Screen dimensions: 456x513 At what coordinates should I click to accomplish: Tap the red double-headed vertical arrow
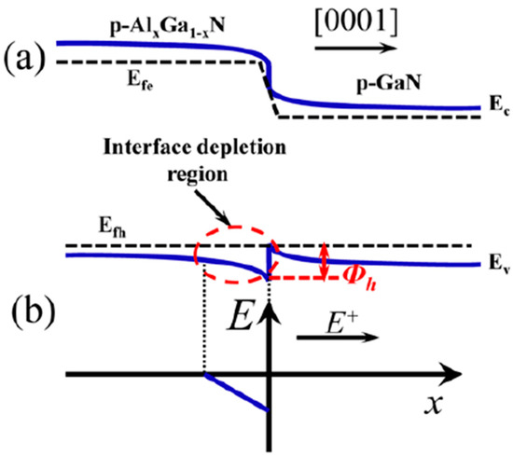pos(324,261)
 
